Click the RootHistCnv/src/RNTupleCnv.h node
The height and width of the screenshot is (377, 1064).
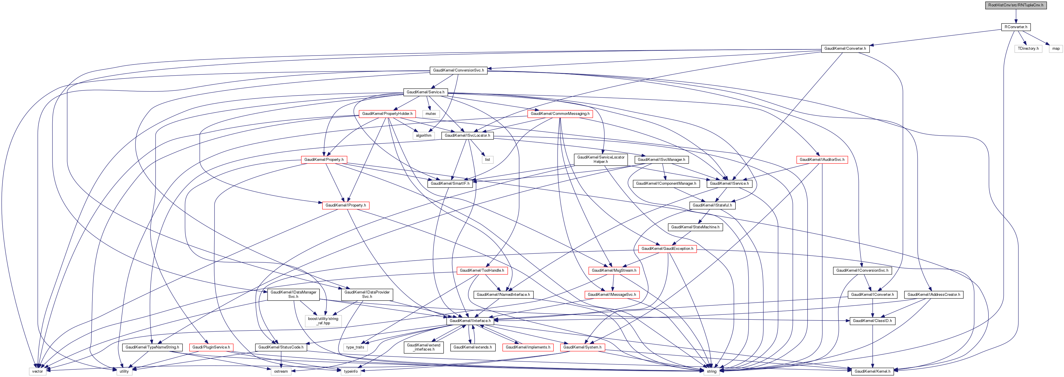[x=1015, y=5]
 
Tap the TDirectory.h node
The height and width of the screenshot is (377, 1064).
[x=1028, y=48]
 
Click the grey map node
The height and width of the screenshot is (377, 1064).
[x=1055, y=48]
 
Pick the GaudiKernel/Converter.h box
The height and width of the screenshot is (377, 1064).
[x=845, y=48]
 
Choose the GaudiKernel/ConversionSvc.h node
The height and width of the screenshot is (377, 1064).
[x=458, y=70]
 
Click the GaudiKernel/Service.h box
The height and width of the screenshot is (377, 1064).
[x=425, y=92]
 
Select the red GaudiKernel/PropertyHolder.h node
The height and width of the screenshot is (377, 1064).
[x=387, y=113]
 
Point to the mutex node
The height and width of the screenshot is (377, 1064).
[x=431, y=113]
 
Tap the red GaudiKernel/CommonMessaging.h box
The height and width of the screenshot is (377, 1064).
[x=560, y=113]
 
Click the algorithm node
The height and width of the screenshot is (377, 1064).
[x=423, y=135]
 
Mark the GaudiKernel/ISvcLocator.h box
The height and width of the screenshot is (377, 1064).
[x=467, y=135]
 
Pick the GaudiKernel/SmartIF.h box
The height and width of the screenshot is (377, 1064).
[x=450, y=183]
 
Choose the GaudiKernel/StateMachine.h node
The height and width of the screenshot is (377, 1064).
[x=695, y=227]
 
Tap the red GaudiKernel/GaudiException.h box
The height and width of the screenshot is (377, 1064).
[x=667, y=248]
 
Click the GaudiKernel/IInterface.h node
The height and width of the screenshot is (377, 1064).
[x=470, y=320]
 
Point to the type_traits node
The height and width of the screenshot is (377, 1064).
[x=355, y=347]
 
